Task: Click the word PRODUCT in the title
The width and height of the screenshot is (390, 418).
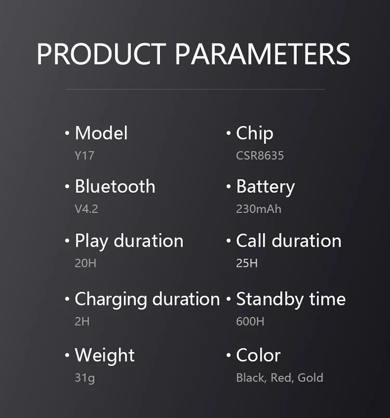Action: tap(101, 54)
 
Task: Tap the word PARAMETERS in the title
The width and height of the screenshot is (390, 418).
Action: tap(263, 54)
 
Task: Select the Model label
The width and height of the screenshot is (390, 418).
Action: tap(101, 133)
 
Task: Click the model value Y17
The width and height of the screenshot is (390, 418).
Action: tap(84, 155)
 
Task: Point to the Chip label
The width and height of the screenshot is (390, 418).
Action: tap(255, 133)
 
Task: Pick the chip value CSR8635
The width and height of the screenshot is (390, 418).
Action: tap(260, 155)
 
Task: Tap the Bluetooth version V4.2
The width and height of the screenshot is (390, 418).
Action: tap(86, 208)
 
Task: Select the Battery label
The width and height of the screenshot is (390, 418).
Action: tap(266, 187)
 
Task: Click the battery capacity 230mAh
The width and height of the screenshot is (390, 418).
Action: tap(258, 208)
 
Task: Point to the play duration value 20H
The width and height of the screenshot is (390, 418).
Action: tap(85, 263)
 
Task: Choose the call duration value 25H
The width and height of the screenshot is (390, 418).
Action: tap(247, 263)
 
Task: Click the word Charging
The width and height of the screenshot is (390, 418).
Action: tap(111, 299)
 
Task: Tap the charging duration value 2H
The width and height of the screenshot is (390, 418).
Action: tap(82, 321)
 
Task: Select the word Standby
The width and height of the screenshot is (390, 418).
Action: tap(270, 299)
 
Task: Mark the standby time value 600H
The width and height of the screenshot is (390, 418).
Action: tap(250, 321)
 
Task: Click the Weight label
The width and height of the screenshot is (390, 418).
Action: tap(105, 356)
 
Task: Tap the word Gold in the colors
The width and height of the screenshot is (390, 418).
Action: tap(310, 377)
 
